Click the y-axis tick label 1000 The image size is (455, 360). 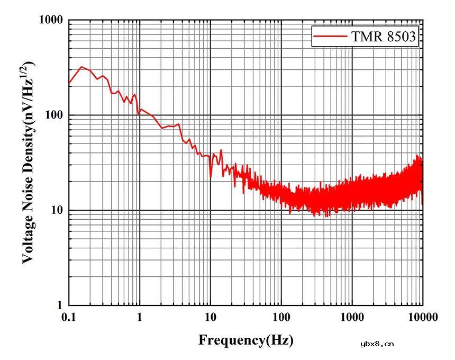pos(51,20)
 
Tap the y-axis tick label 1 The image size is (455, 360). pos(60,305)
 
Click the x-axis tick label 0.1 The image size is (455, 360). pos(69,318)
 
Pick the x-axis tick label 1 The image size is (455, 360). pos(140,318)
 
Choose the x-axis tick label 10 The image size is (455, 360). pos(211,318)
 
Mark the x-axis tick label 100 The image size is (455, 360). pos(281,318)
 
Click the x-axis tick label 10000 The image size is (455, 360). pos(423,318)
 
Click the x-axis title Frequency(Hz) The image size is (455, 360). pos(246,340)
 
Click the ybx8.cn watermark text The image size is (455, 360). pos(377,344)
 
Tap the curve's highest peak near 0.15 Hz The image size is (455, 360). pos(81,67)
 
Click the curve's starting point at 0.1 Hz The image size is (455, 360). pos(69,83)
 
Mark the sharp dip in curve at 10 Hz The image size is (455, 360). pos(211,177)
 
